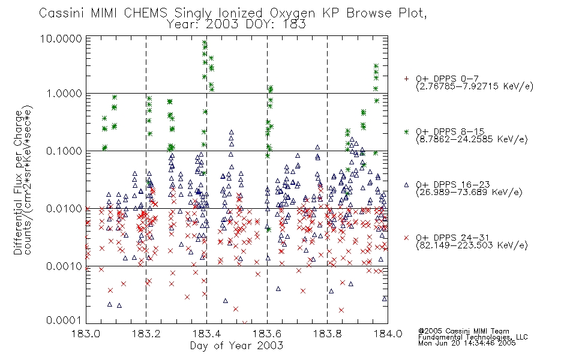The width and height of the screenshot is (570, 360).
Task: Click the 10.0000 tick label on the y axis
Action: (61, 38)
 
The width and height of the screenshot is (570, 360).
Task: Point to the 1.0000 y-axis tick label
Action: (64, 94)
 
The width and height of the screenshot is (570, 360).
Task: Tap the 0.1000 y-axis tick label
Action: (64, 151)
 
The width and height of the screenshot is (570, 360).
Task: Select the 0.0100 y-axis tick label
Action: (64, 209)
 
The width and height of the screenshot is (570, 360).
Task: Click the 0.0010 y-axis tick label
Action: (64, 266)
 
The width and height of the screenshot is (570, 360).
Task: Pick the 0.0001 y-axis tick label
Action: (64, 320)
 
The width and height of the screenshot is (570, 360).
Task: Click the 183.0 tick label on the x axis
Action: (86, 334)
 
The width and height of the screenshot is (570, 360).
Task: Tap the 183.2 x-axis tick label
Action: (146, 334)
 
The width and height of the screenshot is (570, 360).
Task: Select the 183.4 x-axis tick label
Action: (206, 334)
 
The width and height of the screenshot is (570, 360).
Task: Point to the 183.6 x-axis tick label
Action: (267, 334)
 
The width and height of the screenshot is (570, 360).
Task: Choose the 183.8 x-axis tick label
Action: (327, 334)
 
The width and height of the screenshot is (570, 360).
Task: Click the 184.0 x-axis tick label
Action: (388, 334)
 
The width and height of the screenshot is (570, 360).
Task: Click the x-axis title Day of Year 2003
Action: (236, 346)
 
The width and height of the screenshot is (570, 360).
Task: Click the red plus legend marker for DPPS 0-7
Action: (406, 79)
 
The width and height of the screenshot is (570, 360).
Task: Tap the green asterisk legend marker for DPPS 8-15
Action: (406, 131)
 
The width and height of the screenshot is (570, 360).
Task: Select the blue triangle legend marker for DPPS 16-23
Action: (406, 185)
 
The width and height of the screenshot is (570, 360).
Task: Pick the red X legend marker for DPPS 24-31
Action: (406, 238)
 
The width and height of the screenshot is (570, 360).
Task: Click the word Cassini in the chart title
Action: (61, 13)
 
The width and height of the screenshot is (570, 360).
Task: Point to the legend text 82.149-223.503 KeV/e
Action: (472, 245)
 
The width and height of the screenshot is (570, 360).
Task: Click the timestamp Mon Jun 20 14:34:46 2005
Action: (467, 343)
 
